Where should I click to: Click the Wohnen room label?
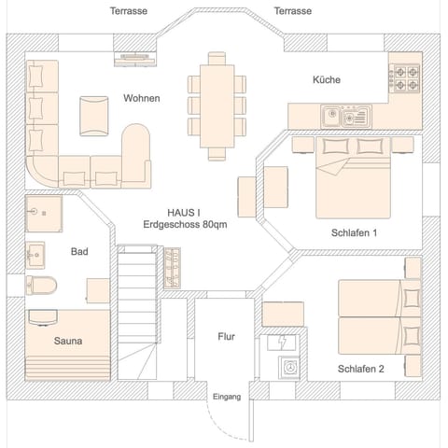pos(141,98)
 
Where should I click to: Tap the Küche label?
pos(326,80)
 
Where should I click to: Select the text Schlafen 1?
pos(354,232)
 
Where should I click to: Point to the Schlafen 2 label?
pos(360,369)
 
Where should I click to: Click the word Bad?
pos(79,251)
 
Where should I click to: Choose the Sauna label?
pos(67,341)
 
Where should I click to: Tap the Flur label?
pos(226,337)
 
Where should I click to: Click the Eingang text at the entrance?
pos(226,397)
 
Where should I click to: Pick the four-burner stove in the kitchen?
pos(405,77)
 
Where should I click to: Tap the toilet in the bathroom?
pos(41,284)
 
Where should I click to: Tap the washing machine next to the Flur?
pos(289,369)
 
